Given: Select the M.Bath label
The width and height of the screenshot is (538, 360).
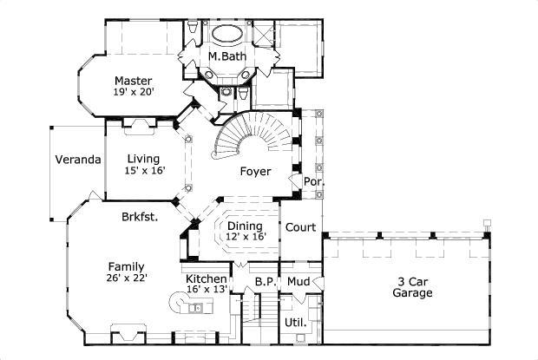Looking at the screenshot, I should (x=227, y=57).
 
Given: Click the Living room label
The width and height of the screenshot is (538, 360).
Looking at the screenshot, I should (x=144, y=159).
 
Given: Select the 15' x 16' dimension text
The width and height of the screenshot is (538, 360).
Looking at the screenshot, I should (x=144, y=171).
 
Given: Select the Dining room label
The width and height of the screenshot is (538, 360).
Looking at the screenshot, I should (x=246, y=226).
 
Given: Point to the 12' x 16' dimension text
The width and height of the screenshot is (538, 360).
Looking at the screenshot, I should (x=246, y=237).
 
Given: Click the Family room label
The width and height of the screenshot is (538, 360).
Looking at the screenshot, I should (x=126, y=266).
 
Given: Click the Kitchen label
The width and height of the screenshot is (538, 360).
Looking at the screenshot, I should (x=207, y=278).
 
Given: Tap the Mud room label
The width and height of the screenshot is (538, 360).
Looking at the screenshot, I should (x=299, y=281).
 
